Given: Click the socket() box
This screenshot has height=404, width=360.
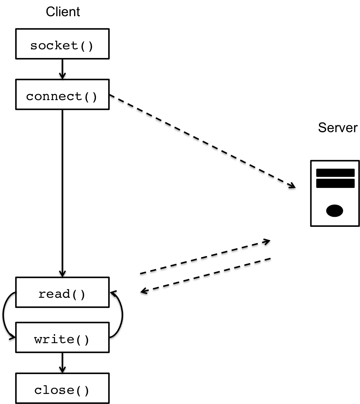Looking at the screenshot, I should click(62, 44).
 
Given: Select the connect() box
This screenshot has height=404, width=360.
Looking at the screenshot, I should click(62, 94).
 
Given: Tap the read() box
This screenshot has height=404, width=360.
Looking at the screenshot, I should click(62, 292).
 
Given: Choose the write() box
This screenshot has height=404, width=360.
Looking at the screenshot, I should click(62, 337).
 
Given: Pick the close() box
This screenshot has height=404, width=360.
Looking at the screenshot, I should click(62, 388).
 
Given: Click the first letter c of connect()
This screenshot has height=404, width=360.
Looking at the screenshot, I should click(30, 97).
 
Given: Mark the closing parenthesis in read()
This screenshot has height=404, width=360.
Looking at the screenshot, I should click(82, 295).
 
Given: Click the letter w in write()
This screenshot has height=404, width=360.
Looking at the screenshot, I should click(38, 340).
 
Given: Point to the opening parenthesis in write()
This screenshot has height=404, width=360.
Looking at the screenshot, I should click(78, 340).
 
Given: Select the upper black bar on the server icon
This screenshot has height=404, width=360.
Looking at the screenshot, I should click(335, 173).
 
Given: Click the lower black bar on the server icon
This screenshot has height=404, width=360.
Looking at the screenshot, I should click(335, 183).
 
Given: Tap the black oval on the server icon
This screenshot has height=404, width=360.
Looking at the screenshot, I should click(334, 211).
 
